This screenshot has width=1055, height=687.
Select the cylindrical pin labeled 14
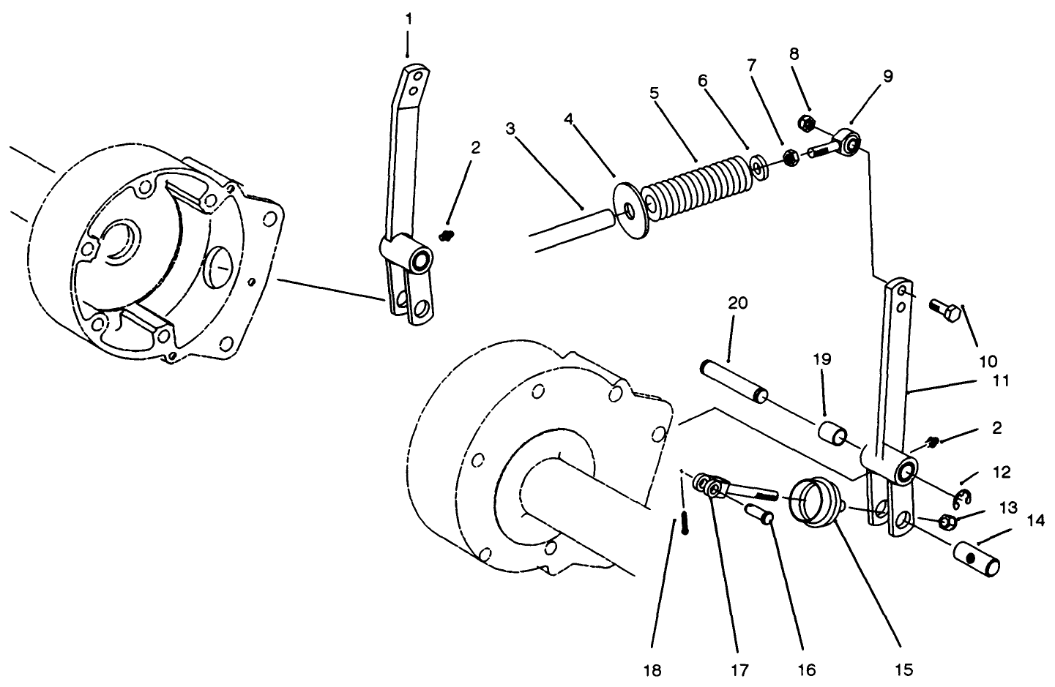977,559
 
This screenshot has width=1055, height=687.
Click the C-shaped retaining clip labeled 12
962,500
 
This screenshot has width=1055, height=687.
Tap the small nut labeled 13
946,522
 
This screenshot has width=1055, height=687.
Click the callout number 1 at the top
408,19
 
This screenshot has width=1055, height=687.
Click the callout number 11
1000,380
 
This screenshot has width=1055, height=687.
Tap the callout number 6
703,80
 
